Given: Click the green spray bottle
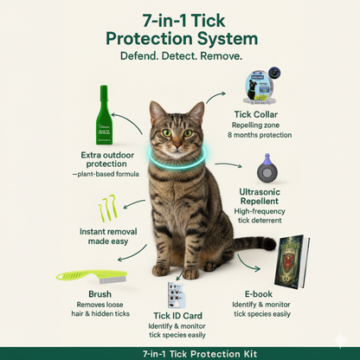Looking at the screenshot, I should point(105,114).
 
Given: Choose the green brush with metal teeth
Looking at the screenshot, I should point(87,276).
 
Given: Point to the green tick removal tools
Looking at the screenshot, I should point(105,209).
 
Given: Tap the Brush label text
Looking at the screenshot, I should point(76,293).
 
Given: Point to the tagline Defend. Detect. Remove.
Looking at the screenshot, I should point(180,55).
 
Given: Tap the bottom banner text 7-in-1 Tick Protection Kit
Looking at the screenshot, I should point(180,352).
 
